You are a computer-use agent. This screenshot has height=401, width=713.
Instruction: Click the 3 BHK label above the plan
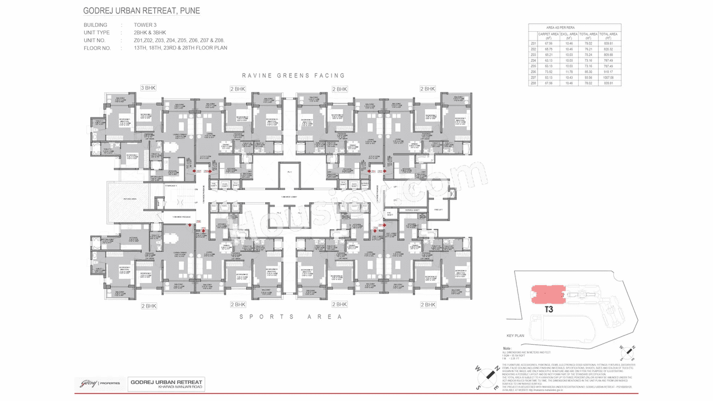point(148,88)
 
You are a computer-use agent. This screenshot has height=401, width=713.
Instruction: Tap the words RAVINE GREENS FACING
point(294,75)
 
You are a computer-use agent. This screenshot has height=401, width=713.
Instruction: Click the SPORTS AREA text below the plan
point(290,316)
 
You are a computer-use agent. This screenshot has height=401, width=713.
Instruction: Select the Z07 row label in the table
point(533,77)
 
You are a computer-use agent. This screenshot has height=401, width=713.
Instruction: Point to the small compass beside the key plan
point(628,351)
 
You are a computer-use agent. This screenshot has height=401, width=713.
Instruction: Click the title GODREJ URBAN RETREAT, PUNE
point(141,11)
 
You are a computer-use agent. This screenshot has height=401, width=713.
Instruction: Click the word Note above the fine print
point(508,348)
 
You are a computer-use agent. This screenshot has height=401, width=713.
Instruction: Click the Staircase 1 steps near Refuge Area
point(179,199)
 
